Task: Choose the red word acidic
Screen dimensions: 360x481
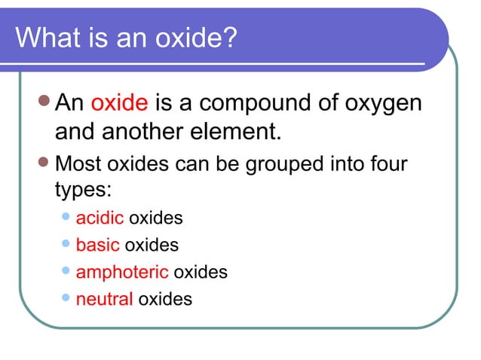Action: coord(100,218)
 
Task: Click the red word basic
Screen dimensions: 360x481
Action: coord(97,245)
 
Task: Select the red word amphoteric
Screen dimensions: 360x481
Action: coord(122,273)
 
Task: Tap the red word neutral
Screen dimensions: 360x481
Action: coord(105,299)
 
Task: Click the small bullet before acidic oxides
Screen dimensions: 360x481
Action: coord(66,218)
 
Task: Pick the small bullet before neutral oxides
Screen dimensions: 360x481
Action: coord(66,298)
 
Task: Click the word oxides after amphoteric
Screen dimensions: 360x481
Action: coord(201,272)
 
